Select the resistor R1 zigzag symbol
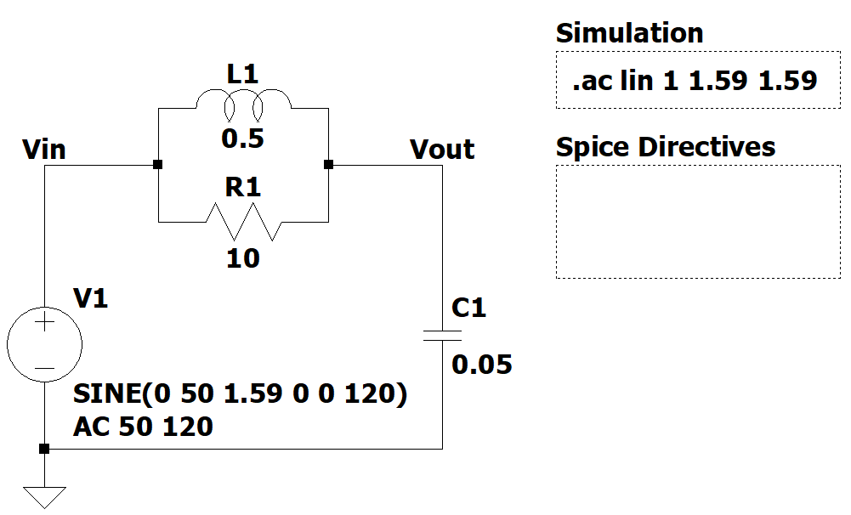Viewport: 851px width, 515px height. [x=243, y=223]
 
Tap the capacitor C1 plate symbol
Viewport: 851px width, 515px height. [x=442, y=335]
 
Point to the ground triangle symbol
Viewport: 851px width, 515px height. [x=44, y=495]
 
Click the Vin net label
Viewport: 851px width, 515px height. [x=44, y=150]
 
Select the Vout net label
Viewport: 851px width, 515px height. [x=442, y=150]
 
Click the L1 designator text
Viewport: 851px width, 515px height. [x=242, y=75]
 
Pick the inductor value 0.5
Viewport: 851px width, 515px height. [x=243, y=139]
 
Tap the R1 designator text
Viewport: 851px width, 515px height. [x=242, y=188]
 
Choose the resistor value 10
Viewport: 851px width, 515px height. [x=243, y=257]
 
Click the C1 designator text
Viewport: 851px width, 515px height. [x=468, y=308]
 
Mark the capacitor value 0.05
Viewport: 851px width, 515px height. [x=482, y=365]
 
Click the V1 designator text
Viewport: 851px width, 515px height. [x=91, y=298]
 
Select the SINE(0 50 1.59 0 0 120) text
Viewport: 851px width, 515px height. [x=241, y=396]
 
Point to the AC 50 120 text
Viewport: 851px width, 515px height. [x=143, y=426]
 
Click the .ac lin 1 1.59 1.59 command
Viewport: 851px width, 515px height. [x=695, y=81]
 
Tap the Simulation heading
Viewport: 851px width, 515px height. [x=629, y=33]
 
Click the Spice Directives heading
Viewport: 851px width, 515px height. [x=666, y=147]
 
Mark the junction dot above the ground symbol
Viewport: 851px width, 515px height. [x=44, y=449]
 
